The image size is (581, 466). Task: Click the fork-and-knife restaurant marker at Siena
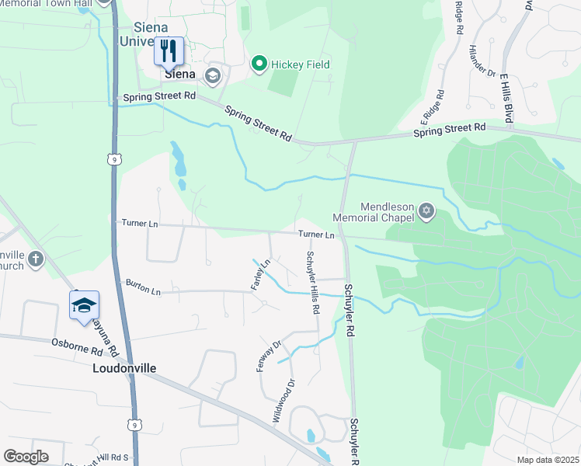point(169,52)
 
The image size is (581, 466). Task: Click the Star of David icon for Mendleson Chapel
point(425,210)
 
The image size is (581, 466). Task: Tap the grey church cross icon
point(35,260)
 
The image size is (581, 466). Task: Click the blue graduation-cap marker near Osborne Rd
point(84,306)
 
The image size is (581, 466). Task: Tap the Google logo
point(26,457)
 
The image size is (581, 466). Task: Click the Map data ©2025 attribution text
point(548,460)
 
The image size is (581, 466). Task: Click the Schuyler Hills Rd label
point(312,282)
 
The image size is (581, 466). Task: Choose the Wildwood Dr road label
point(284,401)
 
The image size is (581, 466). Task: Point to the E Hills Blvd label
point(506,99)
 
